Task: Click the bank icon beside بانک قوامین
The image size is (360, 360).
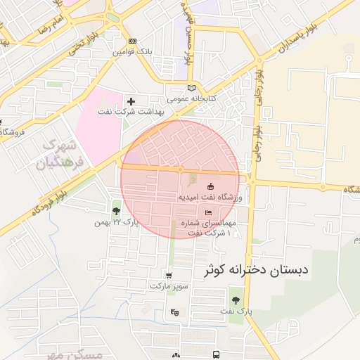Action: click(133, 41)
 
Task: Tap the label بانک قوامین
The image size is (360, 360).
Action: click(133, 52)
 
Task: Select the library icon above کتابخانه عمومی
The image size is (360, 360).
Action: click(191, 88)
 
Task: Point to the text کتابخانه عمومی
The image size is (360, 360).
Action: click(191, 98)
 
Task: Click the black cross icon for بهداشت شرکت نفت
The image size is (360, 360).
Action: click(131, 101)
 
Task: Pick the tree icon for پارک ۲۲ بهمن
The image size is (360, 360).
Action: click(116, 211)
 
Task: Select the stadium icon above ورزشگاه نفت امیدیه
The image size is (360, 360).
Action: click(210, 186)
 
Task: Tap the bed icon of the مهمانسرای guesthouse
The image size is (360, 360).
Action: click(207, 212)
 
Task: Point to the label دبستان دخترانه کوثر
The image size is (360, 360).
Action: click(257, 271)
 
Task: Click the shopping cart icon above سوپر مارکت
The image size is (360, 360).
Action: click(169, 276)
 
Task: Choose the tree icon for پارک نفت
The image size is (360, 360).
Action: click(236, 300)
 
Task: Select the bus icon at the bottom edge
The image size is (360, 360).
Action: click(216, 355)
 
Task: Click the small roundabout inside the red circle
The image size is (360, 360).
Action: click(180, 169)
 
